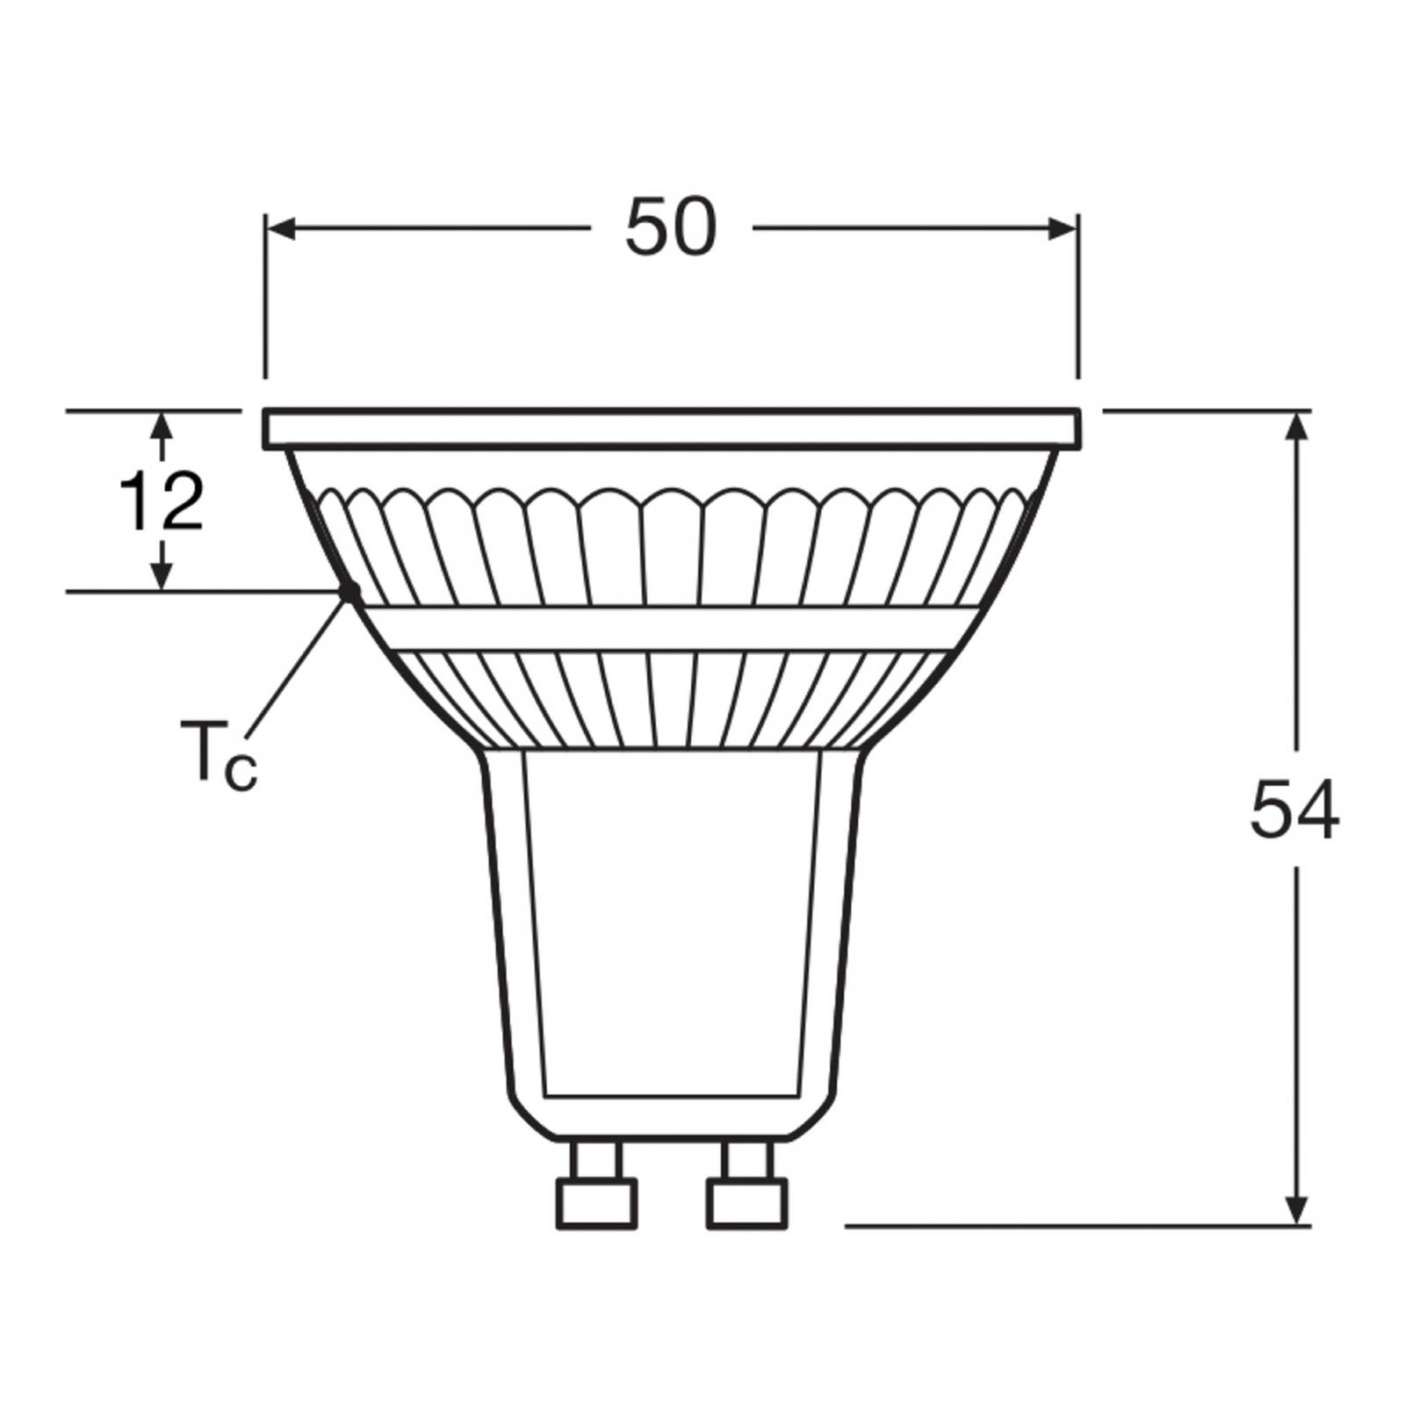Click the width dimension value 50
click(671, 227)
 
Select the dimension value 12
click(162, 501)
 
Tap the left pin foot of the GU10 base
click(595, 1204)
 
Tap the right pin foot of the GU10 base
click(746, 1204)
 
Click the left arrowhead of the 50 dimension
click(279, 229)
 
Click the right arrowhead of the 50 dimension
click(1063, 229)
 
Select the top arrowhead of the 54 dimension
click(1298, 426)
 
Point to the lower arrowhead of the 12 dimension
click(161, 575)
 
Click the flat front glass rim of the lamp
click(672, 429)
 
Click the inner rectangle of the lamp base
click(672, 922)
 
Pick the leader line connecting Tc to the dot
click(299, 667)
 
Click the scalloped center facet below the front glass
click(672, 544)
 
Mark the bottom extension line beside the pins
click(1071, 1225)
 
